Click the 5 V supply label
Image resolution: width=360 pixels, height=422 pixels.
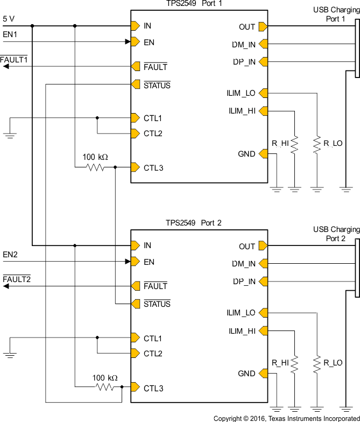click(9, 18)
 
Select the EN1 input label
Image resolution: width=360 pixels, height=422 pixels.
click(10, 34)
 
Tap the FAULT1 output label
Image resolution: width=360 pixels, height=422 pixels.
click(13, 60)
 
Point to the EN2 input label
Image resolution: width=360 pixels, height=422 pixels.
click(10, 254)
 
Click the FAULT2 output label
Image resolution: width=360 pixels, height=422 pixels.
click(17, 279)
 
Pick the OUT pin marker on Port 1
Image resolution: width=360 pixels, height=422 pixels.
click(263, 26)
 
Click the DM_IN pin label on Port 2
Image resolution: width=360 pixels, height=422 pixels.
click(244, 264)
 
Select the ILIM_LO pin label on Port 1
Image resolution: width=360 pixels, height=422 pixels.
click(241, 93)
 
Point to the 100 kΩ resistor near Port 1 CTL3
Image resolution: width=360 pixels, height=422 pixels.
click(96, 168)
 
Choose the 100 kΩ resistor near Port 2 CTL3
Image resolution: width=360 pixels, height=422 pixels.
click(106, 388)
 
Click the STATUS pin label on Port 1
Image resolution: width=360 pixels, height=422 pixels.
click(157, 85)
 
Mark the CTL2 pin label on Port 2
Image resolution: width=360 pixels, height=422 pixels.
click(153, 354)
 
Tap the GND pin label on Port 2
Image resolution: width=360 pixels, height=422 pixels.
click(246, 374)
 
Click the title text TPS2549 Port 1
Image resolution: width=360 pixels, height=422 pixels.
click(194, 4)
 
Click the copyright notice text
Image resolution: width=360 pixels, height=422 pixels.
click(286, 418)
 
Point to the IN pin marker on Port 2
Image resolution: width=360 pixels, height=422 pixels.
click(135, 245)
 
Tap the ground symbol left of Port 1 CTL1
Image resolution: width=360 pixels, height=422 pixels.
click(10, 135)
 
